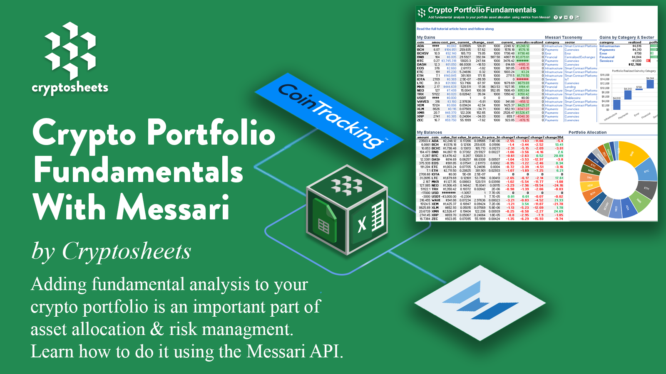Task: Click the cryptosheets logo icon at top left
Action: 70,51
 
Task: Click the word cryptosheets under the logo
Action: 70,88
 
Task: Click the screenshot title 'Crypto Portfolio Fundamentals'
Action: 482,10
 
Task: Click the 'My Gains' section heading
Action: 426,37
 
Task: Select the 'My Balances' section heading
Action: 430,133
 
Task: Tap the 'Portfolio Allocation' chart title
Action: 587,133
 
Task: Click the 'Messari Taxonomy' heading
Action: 563,37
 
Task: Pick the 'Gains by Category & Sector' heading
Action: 626,37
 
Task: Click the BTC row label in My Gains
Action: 420,61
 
